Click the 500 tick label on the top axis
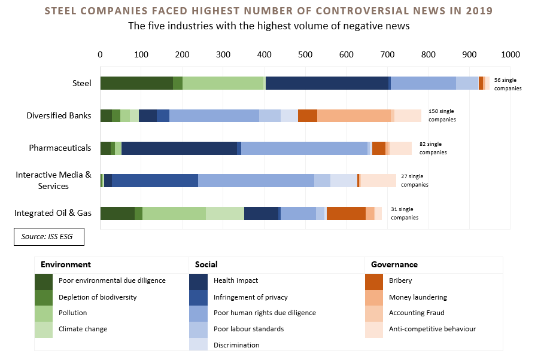305,54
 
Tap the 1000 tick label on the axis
510,54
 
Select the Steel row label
81,83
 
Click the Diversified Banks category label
59,115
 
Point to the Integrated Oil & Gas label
53,213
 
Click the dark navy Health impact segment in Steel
327,83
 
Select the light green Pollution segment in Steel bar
223,83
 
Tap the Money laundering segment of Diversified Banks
354,115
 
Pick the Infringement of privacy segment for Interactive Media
155,181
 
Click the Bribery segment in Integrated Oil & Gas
346,213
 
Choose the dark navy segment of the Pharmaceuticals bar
179,148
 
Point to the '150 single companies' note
442,115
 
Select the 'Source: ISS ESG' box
49,237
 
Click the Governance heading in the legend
394,264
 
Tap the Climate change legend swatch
44,330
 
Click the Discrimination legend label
236,345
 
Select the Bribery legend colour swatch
374,280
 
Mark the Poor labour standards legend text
248,329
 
